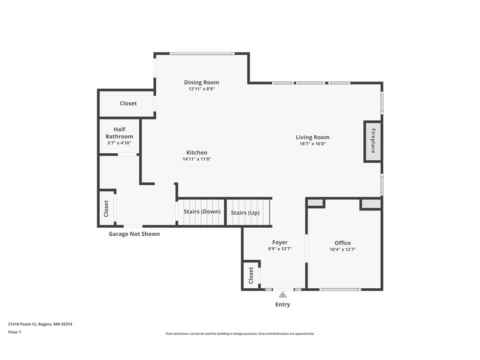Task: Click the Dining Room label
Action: coord(201,82)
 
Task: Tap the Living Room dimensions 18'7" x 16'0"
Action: coord(312,144)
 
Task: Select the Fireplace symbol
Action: coord(373,141)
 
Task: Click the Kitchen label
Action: coord(196,152)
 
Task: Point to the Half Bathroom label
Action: coord(119,133)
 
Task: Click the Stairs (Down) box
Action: coord(202,212)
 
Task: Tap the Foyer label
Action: coord(280,242)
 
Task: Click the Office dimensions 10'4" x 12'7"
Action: coord(343,249)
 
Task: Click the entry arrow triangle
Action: coord(283,295)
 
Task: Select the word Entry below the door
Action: coord(283,304)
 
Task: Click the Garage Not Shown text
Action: coord(134,234)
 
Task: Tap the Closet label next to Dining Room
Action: coord(128,103)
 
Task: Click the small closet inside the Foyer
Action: coord(251,275)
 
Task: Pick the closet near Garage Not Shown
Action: coord(106,208)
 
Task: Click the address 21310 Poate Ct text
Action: coord(40,324)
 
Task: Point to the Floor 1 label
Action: coord(15,332)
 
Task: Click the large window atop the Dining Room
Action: coord(202,53)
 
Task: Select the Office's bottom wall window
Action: coord(340,289)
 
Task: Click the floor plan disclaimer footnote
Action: coord(240,334)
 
